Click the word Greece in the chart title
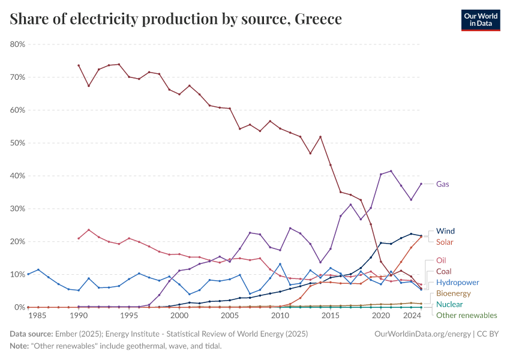pyautogui.click(x=318, y=20)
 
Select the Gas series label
pyautogui.click(x=442, y=184)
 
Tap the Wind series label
pyautogui.click(x=445, y=231)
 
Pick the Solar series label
pyautogui.click(x=445, y=242)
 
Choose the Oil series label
pyautogui.click(x=442, y=261)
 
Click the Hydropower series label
pyautogui.click(x=457, y=282)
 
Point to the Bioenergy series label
pyautogui.click(x=454, y=293)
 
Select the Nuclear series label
pyautogui.click(x=449, y=304)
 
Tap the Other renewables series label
pyautogui.click(x=466, y=315)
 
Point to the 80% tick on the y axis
pyautogui.click(x=17, y=44)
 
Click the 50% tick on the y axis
pyautogui.click(x=17, y=143)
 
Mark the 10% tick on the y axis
pyautogui.click(x=17, y=274)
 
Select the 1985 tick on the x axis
pyautogui.click(x=38, y=316)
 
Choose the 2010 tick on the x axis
pyautogui.click(x=280, y=316)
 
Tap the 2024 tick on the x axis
pyautogui.click(x=411, y=316)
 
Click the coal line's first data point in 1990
pyautogui.click(x=79, y=65)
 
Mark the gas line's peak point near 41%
pyautogui.click(x=391, y=171)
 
